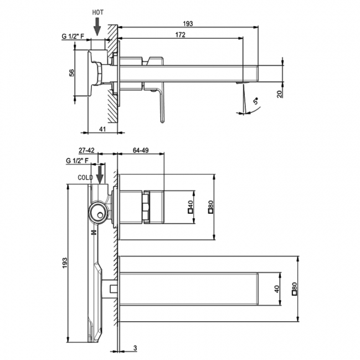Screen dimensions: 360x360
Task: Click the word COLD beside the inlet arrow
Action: click(85, 177)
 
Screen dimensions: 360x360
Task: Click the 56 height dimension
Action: click(71, 74)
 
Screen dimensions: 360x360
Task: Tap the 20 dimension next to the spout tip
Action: click(280, 94)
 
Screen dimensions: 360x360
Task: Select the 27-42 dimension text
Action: click(87, 150)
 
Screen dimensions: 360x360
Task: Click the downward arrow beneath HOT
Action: click(97, 25)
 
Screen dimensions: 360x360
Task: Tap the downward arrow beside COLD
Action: click(100, 175)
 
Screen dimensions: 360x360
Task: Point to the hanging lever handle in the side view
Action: click(160, 105)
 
